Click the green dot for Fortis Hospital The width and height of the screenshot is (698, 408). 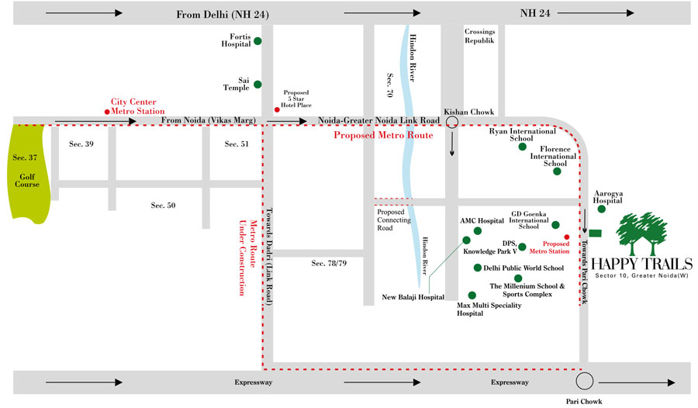[257, 40]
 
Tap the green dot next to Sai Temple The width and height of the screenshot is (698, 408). [257, 85]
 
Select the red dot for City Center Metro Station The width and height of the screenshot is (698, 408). [96, 112]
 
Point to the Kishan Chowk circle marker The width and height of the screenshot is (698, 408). [451, 122]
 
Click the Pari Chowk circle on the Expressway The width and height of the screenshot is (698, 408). [586, 381]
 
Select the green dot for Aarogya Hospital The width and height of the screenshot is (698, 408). [601, 209]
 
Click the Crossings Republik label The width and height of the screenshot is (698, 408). [480, 35]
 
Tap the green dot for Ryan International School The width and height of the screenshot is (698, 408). [523, 147]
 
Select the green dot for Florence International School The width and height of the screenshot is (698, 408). [556, 172]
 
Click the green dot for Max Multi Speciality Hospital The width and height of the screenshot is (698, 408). [472, 296]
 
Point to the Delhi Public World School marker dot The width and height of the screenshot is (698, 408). [478, 268]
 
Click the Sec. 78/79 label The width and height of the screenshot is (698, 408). [329, 264]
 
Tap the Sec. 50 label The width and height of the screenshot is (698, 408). [164, 205]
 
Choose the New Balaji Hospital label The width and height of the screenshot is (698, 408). [413, 297]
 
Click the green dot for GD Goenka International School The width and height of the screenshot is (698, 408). [555, 225]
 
